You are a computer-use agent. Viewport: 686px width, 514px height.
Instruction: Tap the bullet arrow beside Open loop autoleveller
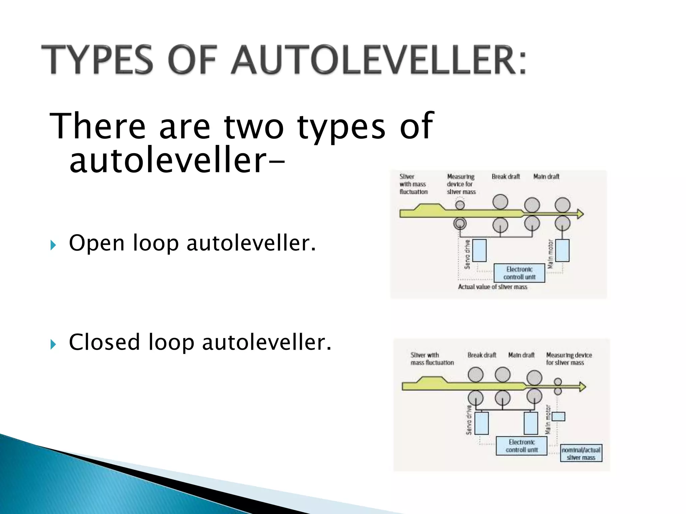tap(53, 245)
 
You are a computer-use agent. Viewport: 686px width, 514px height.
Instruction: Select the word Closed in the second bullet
tap(104, 342)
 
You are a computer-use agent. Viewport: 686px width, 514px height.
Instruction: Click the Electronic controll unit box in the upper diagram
tap(519, 273)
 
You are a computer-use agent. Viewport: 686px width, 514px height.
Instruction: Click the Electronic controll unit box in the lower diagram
tap(522, 446)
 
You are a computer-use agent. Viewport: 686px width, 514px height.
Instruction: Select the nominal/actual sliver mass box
tap(581, 453)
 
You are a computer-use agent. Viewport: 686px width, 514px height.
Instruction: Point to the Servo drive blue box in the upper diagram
tap(479, 250)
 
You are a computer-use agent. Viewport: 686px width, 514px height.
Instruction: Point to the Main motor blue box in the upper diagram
tap(562, 250)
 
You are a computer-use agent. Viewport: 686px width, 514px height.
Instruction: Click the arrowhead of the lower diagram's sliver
tap(582, 387)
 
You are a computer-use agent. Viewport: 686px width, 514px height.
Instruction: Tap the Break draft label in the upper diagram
tap(506, 177)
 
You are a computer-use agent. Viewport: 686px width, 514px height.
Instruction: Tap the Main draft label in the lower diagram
tap(521, 355)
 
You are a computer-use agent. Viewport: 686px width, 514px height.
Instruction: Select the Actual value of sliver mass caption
tap(492, 287)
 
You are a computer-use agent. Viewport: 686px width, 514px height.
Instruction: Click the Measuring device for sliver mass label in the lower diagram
tap(568, 359)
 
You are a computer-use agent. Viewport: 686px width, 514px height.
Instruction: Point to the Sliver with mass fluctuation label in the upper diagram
tap(413, 184)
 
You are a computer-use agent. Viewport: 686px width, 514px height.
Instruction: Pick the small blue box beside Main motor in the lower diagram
tap(558, 417)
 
